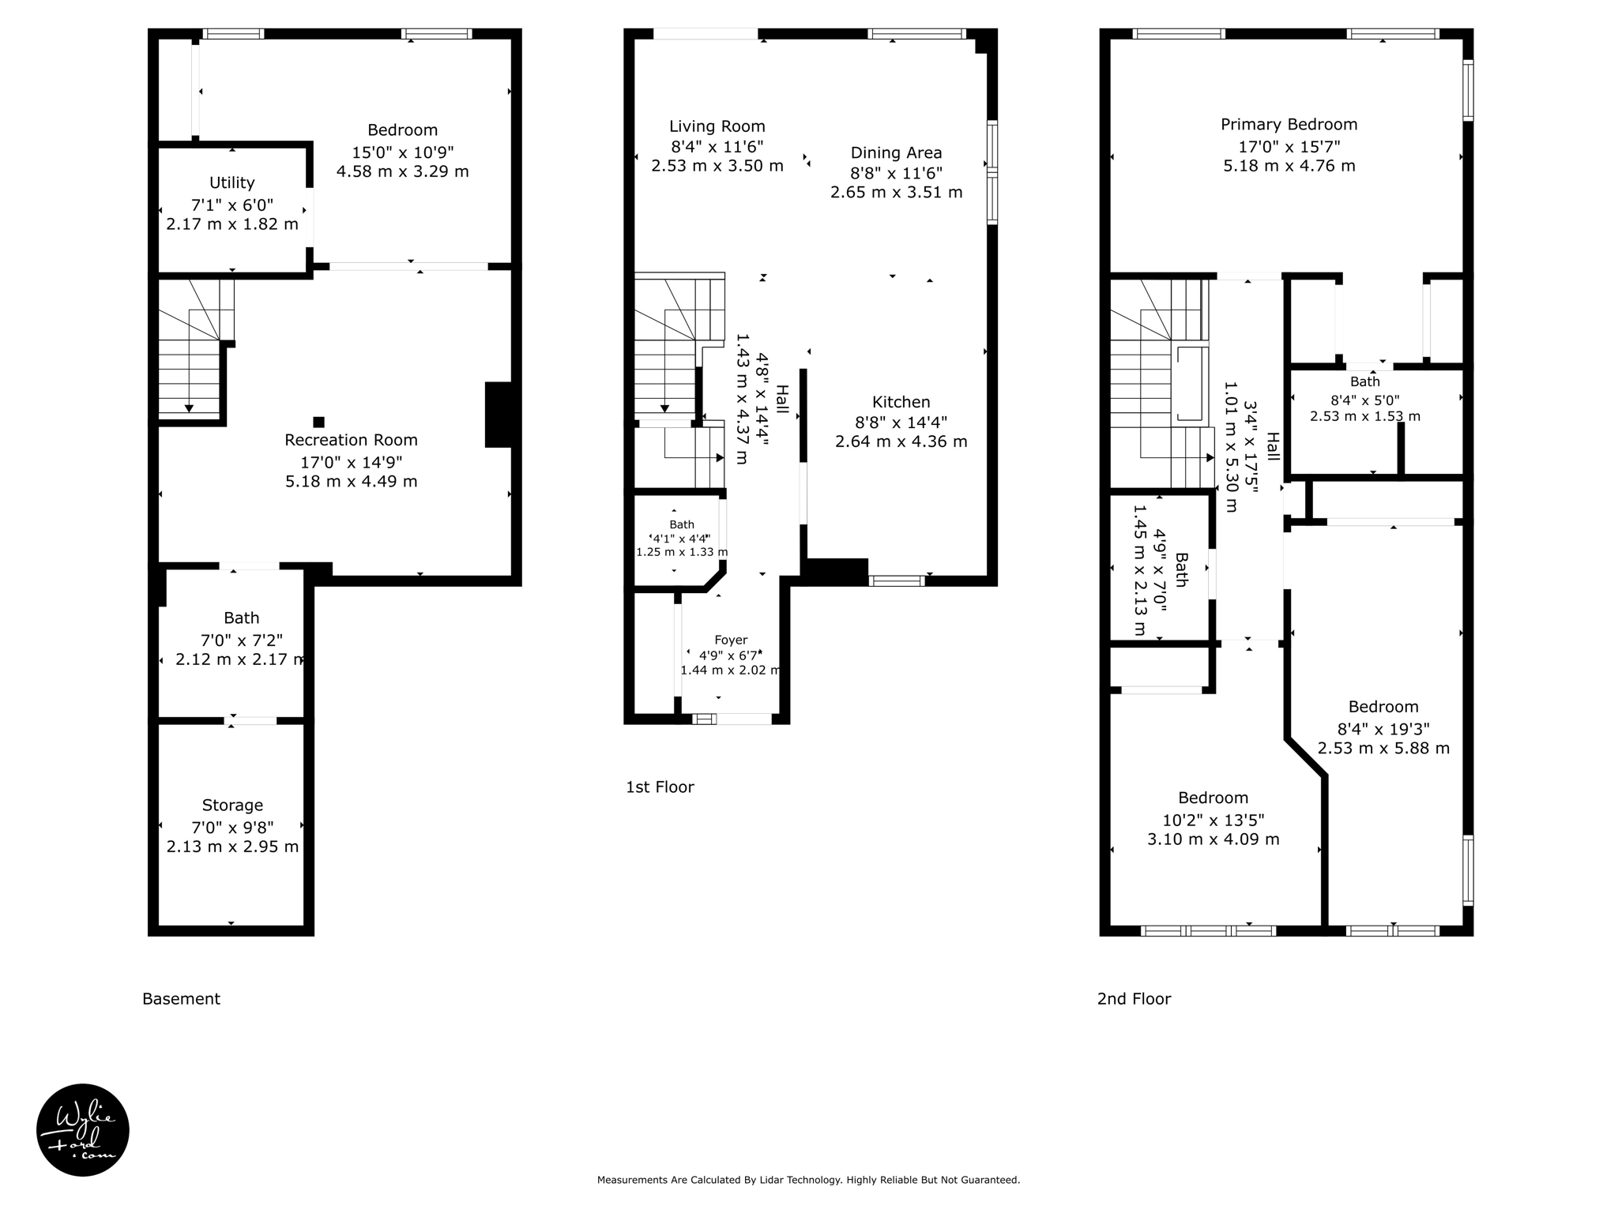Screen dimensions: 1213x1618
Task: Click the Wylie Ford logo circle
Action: [83, 1129]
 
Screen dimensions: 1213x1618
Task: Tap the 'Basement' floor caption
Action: [181, 999]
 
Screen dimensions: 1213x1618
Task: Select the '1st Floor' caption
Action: [660, 787]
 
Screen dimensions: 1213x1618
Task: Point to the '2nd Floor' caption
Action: [1134, 999]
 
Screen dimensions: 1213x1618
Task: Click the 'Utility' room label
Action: [231, 183]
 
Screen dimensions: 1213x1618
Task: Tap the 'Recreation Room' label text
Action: [351, 440]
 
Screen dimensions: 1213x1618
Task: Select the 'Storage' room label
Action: [232, 806]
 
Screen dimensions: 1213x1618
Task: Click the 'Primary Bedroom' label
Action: [1289, 125]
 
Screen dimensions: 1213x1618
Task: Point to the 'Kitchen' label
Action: [901, 402]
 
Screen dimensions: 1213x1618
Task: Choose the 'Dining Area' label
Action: [896, 152]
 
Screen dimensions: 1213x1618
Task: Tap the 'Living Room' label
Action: [717, 126]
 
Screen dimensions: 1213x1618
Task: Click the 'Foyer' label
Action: [731, 640]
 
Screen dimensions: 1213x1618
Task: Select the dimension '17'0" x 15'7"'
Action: [1289, 147]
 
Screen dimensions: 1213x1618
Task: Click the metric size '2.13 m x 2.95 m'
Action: [232, 847]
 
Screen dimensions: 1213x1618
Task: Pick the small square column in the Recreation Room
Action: [318, 422]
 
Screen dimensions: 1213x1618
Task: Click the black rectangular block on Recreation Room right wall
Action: [498, 415]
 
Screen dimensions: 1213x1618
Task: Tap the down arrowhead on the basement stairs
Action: [190, 407]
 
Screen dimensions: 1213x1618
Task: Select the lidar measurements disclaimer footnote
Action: [808, 1180]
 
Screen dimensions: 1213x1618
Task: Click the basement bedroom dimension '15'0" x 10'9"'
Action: [402, 152]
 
